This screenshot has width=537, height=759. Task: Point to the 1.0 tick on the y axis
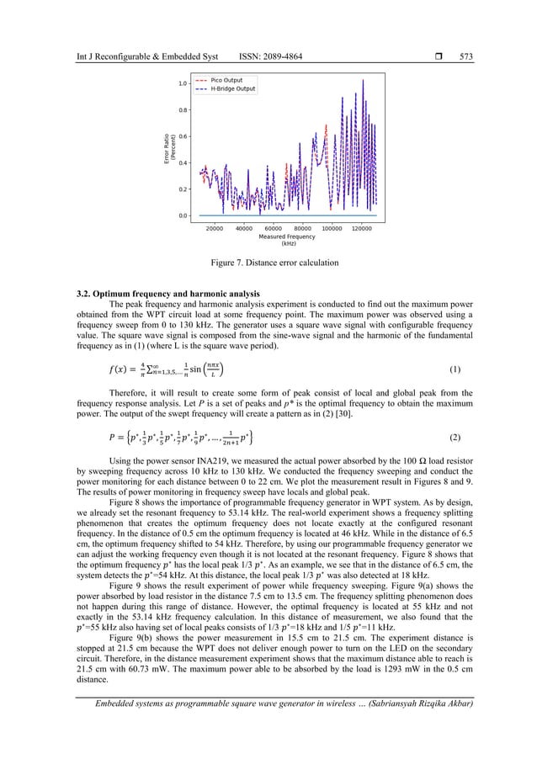click(182, 83)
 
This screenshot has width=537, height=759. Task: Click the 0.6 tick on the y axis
click(182, 136)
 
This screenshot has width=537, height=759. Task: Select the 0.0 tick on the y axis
click(182, 216)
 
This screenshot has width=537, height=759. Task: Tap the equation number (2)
click(454, 438)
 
